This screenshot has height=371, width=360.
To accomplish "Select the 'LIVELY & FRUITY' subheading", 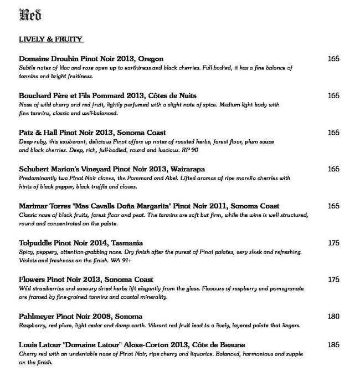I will [x=50, y=39].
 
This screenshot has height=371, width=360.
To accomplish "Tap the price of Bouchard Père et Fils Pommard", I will [x=333, y=96].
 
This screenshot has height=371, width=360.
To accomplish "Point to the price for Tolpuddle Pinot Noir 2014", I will [x=333, y=243].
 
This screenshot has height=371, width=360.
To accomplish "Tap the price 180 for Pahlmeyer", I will [x=333, y=317].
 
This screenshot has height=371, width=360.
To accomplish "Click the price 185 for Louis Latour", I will [x=333, y=345].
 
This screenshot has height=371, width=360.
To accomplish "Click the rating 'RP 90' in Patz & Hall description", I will [x=190, y=150].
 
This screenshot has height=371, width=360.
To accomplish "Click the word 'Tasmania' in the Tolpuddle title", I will [x=127, y=243].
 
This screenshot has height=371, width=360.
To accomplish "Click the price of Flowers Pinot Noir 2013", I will [x=333, y=279].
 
